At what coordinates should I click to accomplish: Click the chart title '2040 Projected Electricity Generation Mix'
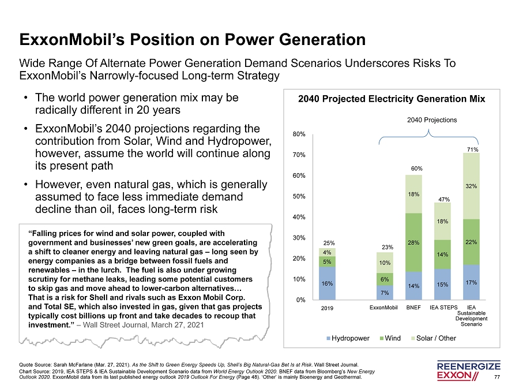click(x=392, y=99)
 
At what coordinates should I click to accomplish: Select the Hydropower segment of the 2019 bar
click(x=327, y=283)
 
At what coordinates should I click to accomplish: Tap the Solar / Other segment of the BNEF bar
click(x=413, y=194)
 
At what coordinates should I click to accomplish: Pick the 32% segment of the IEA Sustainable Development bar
click(x=471, y=186)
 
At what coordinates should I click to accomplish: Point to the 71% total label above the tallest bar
click(x=471, y=149)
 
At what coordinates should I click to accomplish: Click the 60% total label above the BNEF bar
click(x=413, y=169)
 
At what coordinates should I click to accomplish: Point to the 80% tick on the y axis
click(x=299, y=134)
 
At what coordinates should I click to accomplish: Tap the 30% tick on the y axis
click(x=299, y=238)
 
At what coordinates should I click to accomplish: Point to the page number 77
click(x=498, y=377)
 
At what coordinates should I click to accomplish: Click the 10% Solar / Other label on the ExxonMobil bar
click(x=385, y=263)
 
